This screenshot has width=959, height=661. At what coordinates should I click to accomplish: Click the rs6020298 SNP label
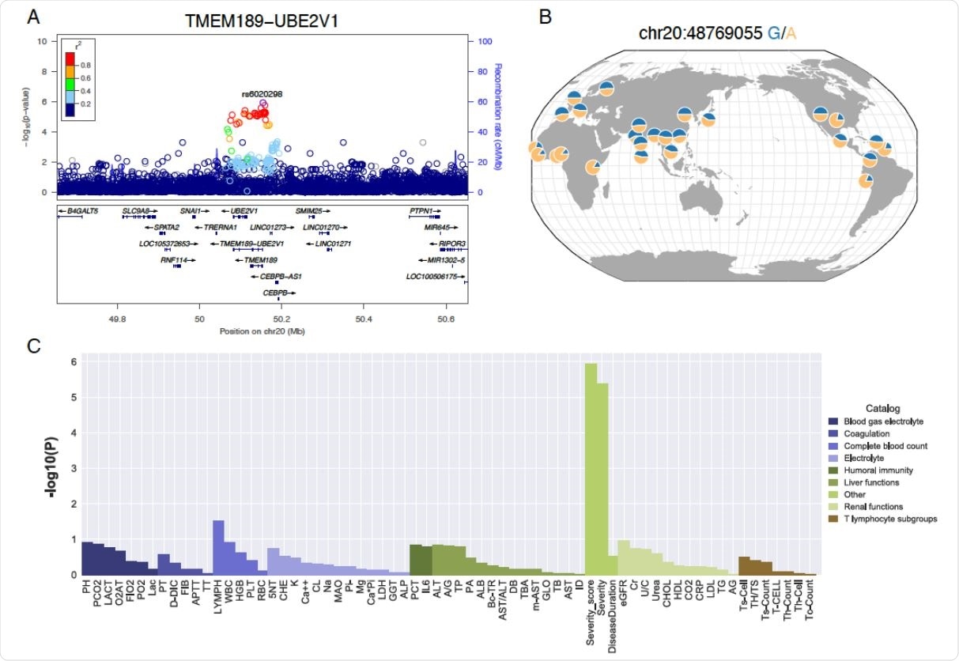[262, 93]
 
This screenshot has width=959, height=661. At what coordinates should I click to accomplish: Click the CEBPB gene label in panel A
[276, 291]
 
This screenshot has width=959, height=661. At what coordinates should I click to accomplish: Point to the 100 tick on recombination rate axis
[480, 41]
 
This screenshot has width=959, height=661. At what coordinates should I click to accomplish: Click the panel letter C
[34, 346]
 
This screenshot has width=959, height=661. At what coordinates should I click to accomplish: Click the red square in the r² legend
[70, 62]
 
